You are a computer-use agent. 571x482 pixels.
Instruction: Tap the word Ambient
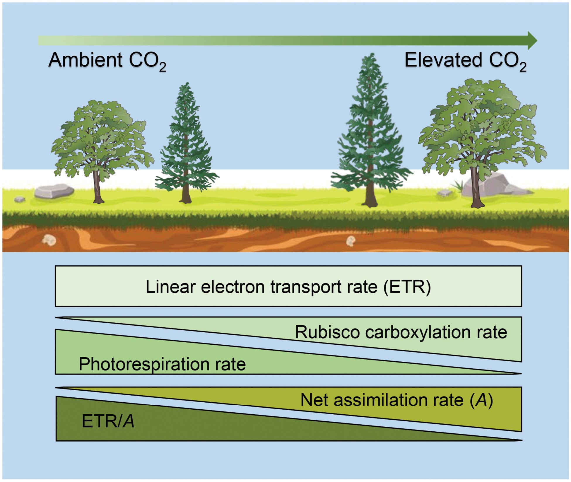coord(85,60)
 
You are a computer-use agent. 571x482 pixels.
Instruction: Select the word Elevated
coord(443,60)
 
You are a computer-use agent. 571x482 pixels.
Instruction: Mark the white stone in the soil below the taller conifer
coord(351,241)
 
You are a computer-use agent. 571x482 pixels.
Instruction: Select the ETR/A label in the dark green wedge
coord(108,421)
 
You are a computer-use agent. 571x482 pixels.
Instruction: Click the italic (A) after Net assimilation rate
coord(481,400)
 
